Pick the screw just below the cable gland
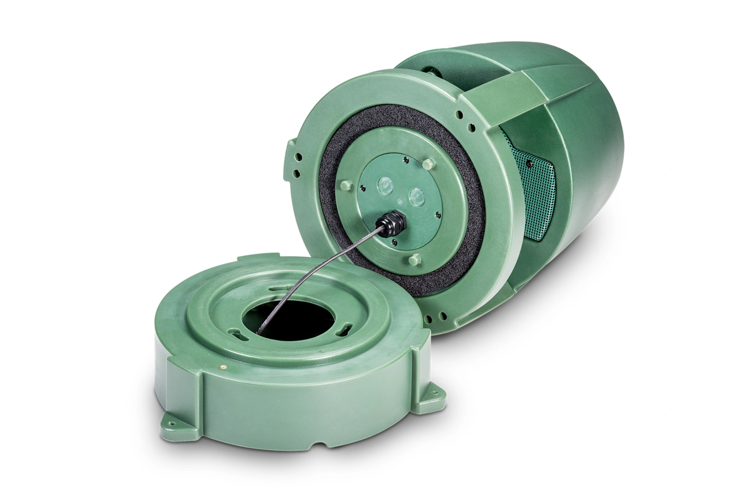click(x=394, y=241)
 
